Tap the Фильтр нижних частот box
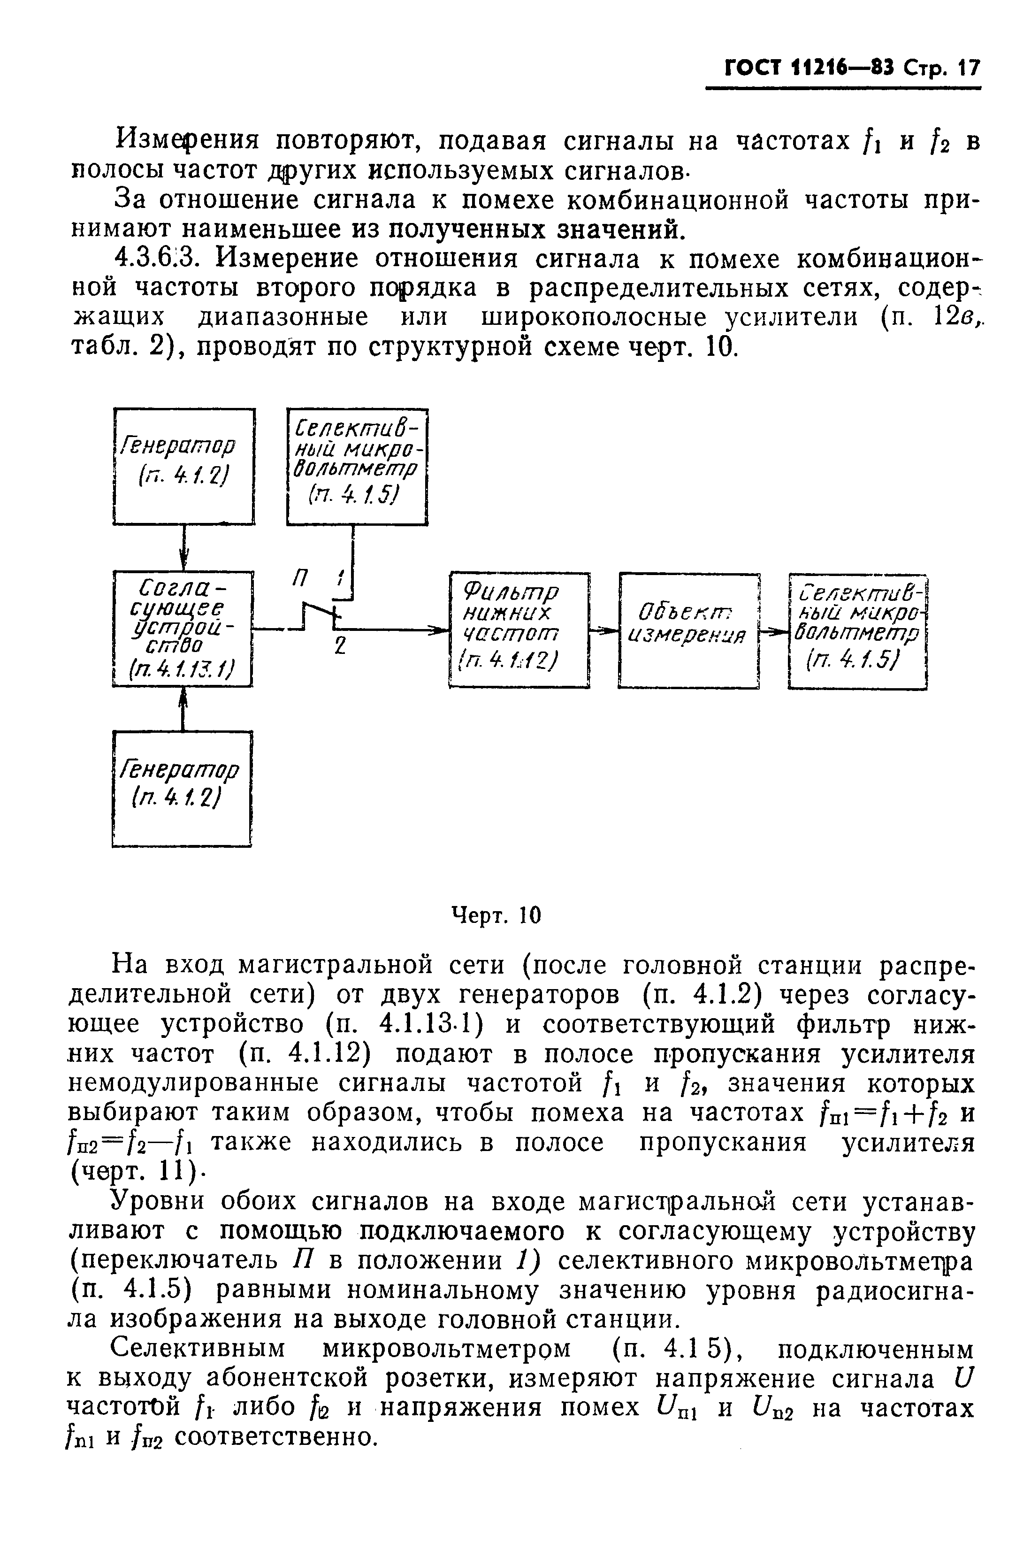[x=519, y=630]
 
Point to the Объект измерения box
[x=688, y=630]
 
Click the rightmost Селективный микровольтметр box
[x=857, y=630]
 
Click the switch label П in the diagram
[x=300, y=579]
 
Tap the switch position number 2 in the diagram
[x=339, y=646]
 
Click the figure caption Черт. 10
[x=496, y=915]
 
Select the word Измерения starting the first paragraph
[x=187, y=140]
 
